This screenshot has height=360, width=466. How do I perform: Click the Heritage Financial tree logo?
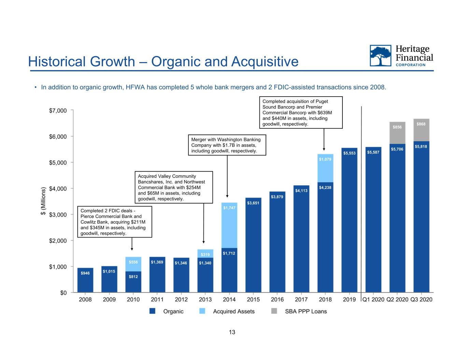380,56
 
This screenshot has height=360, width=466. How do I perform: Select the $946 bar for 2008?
85,280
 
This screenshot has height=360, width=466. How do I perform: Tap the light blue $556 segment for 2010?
133,264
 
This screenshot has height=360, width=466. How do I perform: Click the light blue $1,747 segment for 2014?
229,225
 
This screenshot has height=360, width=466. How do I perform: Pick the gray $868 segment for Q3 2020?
421,130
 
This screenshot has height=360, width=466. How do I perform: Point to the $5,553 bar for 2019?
349,220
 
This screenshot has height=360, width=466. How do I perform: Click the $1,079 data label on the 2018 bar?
325,159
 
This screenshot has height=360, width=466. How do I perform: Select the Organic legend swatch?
152,311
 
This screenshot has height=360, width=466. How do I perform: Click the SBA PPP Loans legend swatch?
274,311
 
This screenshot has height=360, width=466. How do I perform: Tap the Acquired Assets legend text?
234,311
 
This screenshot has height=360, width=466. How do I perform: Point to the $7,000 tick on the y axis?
72,110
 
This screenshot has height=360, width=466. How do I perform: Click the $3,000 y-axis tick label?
58,215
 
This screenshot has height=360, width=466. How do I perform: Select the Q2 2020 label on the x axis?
397,300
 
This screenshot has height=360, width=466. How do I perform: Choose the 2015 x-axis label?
253,300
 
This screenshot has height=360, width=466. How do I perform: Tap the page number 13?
232,332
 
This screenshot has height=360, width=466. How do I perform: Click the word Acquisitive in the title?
265,62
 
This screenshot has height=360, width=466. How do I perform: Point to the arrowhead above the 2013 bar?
203,242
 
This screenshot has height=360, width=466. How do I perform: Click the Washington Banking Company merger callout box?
227,145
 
